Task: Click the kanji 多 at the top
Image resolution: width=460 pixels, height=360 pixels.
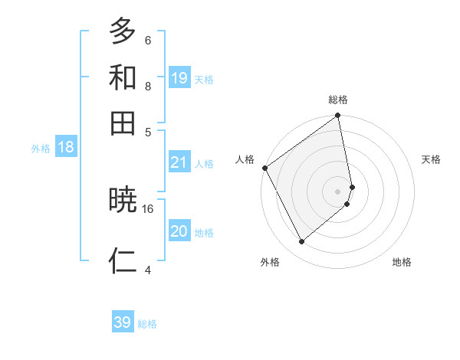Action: pyautogui.click(x=123, y=31)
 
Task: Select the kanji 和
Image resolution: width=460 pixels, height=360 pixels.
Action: pyautogui.click(x=123, y=77)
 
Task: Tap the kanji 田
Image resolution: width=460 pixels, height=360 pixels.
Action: pyautogui.click(x=123, y=123)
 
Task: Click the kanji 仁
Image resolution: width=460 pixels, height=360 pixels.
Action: pyautogui.click(x=123, y=260)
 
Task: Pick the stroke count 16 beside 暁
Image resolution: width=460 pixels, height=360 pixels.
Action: pyautogui.click(x=148, y=208)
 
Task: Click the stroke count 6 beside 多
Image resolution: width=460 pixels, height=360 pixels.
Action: pyautogui.click(x=148, y=40)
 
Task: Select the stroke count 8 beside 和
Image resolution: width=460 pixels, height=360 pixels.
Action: pyautogui.click(x=148, y=86)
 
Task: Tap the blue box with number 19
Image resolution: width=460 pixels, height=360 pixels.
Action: pyautogui.click(x=179, y=77)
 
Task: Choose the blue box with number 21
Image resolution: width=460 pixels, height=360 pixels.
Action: pyautogui.click(x=179, y=162)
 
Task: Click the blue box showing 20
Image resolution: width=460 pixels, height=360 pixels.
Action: pyautogui.click(x=179, y=231)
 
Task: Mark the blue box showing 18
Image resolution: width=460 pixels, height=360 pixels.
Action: pyautogui.click(x=66, y=148)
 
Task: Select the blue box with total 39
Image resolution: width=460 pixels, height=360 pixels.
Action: pyautogui.click(x=123, y=322)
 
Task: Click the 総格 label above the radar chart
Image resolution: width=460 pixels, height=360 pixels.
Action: pyautogui.click(x=338, y=100)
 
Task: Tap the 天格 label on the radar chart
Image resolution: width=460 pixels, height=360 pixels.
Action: pyautogui.click(x=431, y=159)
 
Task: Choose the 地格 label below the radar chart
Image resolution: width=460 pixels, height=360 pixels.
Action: pyautogui.click(x=402, y=262)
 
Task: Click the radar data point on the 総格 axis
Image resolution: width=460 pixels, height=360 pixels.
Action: pyautogui.click(x=338, y=116)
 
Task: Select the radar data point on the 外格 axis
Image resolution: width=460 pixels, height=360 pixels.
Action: pyautogui.click(x=301, y=242)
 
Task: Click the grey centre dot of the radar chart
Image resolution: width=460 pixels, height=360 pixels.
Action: pyautogui.click(x=338, y=191)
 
